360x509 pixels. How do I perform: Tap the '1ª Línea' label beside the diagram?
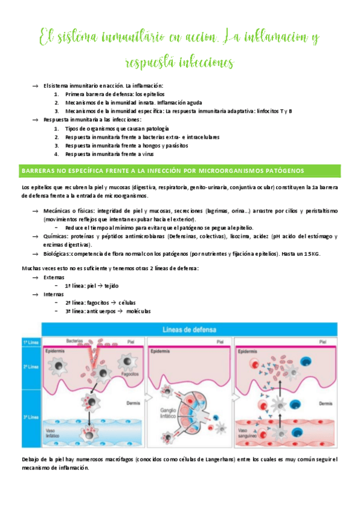(x=30, y=342)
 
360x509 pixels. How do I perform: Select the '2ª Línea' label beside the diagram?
(x=30, y=366)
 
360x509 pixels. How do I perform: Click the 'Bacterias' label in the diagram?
(x=75, y=339)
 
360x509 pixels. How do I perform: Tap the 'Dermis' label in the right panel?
(x=326, y=404)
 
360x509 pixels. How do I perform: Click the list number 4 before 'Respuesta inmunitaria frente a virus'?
(x=56, y=154)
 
